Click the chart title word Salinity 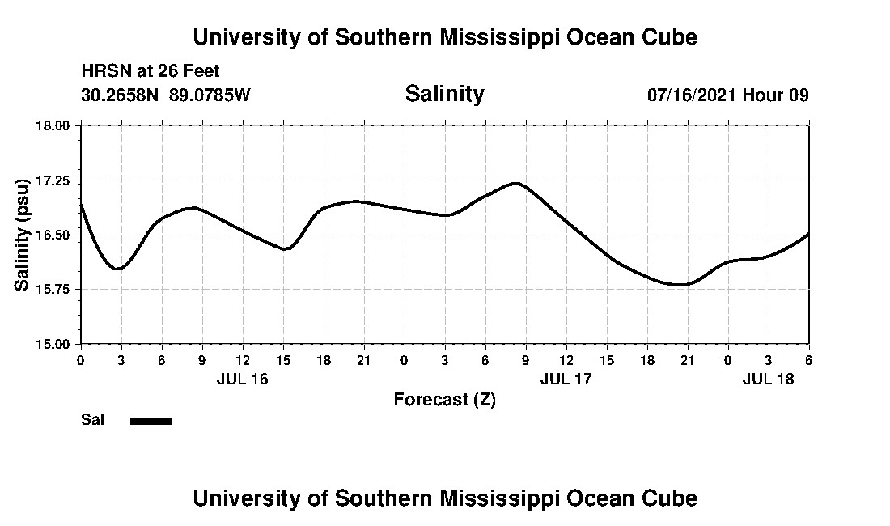[x=444, y=94]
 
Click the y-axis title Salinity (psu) [x=22, y=235]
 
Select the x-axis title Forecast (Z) [x=444, y=399]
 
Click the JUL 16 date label [x=242, y=379]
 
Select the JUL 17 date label [x=566, y=379]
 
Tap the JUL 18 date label [x=768, y=379]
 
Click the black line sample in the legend [x=150, y=421]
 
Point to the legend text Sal [x=92, y=420]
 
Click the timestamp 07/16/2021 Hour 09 [x=727, y=95]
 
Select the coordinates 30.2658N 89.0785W [x=166, y=95]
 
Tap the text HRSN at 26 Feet [x=150, y=72]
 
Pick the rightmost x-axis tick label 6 [x=808, y=359]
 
